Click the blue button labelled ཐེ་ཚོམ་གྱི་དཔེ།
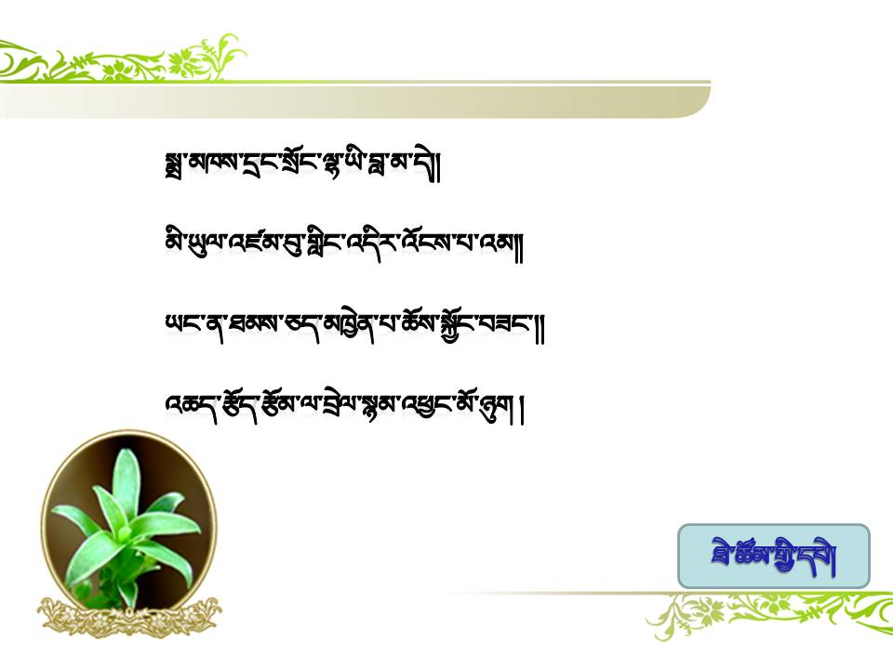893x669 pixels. click(x=773, y=556)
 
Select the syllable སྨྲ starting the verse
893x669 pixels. click(x=174, y=166)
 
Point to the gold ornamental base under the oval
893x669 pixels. click(x=130, y=616)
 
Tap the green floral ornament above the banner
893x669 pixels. click(x=123, y=59)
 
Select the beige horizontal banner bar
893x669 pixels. click(x=354, y=102)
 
